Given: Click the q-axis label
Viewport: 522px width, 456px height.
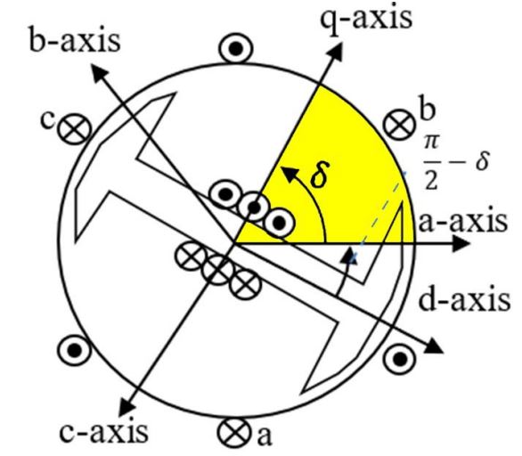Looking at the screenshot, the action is pos(366,19).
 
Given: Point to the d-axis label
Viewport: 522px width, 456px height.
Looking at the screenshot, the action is pos(464,299).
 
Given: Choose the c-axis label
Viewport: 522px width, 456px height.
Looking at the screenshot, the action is pos(104,431).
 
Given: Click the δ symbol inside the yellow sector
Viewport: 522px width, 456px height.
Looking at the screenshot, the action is pos(321,174).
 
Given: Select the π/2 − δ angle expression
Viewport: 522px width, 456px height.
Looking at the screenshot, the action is pos(456,162).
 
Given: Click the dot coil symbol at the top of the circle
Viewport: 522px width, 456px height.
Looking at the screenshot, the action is pos(236,49).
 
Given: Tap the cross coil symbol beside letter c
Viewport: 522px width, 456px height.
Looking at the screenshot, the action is pos(74,128).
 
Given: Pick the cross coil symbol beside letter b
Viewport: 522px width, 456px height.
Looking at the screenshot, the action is pos(399,125).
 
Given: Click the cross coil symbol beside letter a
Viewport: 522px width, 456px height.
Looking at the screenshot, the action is pos(234,433).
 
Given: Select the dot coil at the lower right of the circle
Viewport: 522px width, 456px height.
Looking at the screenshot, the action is pos(399,359).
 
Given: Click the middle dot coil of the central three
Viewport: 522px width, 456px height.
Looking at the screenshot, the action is pos(254,208).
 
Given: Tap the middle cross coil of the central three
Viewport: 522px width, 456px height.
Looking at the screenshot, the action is pos(217,268).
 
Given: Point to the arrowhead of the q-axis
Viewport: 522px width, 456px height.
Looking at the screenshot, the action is pos(335,52).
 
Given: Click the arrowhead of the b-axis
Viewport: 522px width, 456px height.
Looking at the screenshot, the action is pos(99,72).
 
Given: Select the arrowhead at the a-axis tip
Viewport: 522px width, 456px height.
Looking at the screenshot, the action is pos(461,244).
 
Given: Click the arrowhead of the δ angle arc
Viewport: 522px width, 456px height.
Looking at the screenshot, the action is pos(289,173).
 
